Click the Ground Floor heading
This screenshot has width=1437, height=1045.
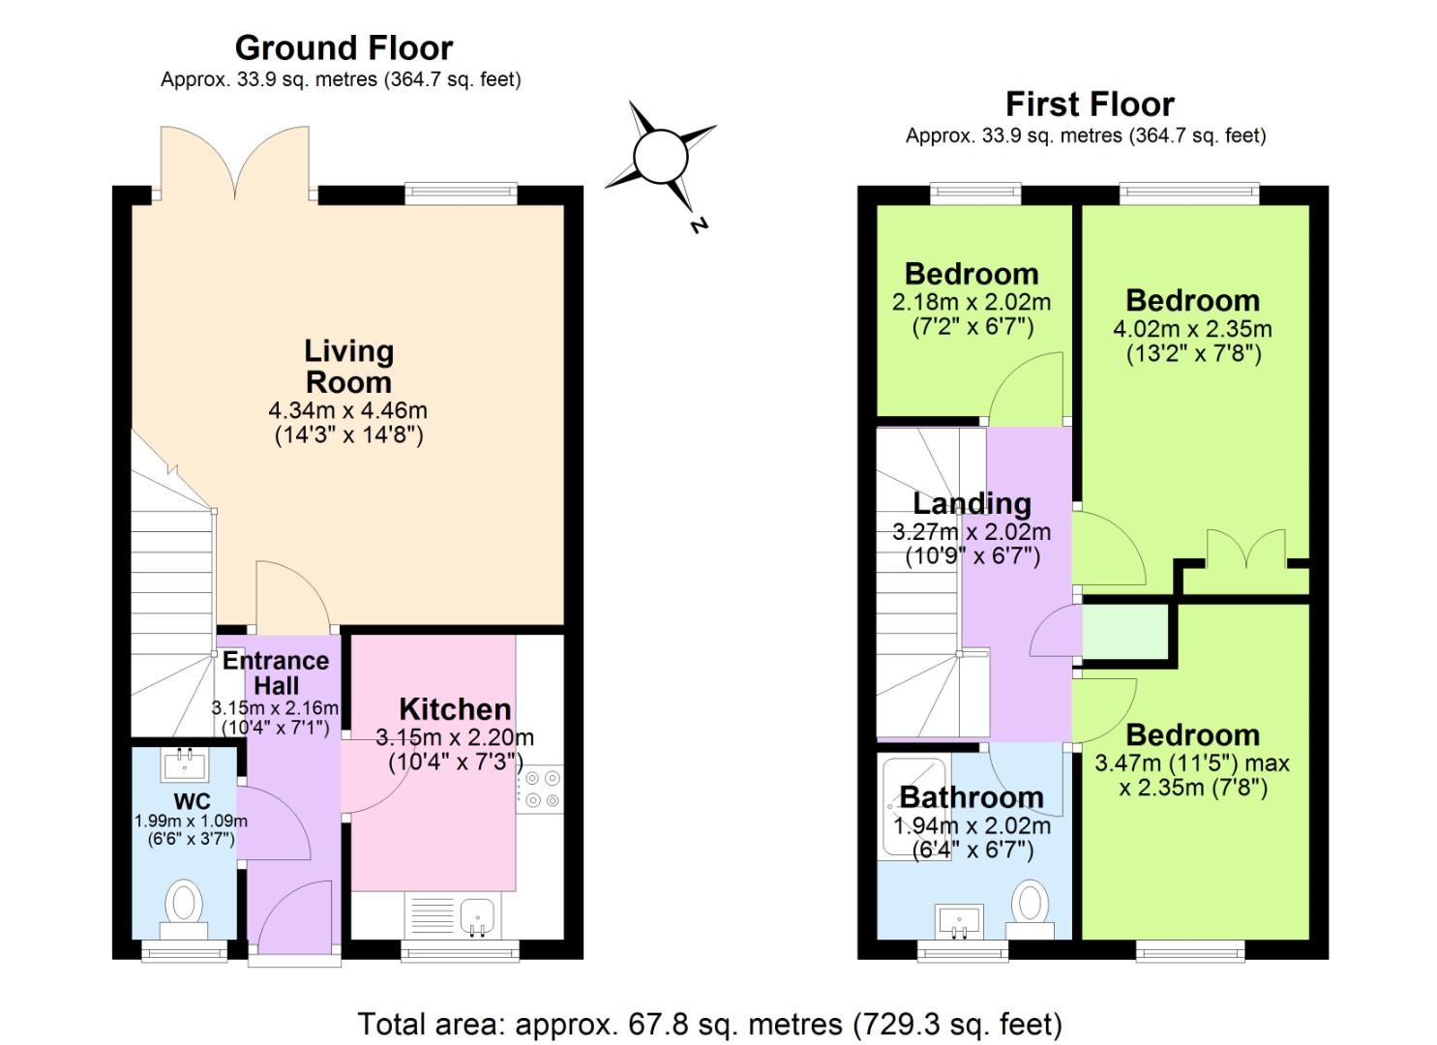pos(344,47)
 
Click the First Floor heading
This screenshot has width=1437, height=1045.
pos(1089,104)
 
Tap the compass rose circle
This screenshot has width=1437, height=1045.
pos(660,156)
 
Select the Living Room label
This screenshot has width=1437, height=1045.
pos(348,366)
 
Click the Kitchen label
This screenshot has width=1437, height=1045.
pos(455,708)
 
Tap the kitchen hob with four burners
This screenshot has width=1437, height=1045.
pos(540,787)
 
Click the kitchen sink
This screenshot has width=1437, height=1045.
pos(476,915)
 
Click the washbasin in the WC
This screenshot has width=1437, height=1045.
pos(185,763)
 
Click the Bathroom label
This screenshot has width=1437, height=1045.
pos(972,797)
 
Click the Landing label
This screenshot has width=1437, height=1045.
pos(972,503)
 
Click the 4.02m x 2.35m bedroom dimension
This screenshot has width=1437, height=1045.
pos(1192,329)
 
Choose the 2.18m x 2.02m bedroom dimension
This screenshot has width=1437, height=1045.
pos(972,302)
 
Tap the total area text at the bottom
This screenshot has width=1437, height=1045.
pos(709,1023)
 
